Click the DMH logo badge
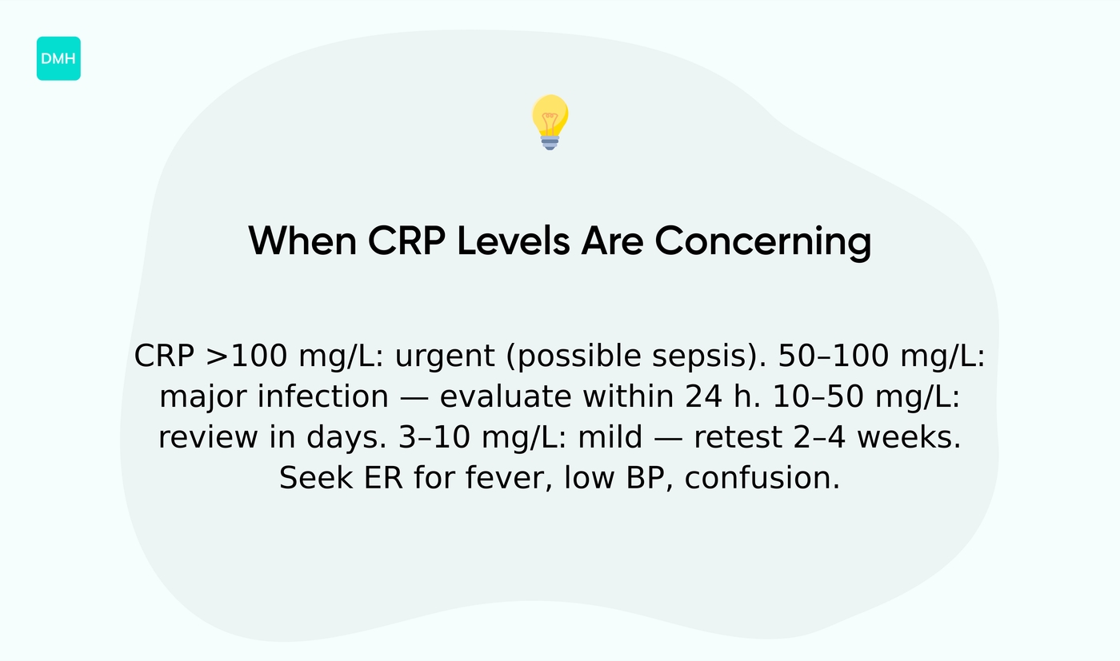[x=58, y=58]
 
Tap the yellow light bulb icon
[x=550, y=121]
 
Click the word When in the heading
[x=302, y=241]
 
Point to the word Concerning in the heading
[x=762, y=241]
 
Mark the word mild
[x=610, y=438]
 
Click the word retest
[x=738, y=438]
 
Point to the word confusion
[x=762, y=479]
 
